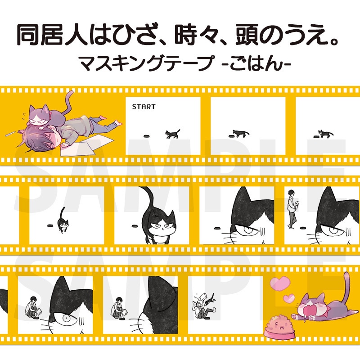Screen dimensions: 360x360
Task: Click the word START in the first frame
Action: coord(144,107)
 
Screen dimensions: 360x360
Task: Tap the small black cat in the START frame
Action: coord(172,133)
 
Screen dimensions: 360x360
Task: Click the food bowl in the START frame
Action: coord(146,135)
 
